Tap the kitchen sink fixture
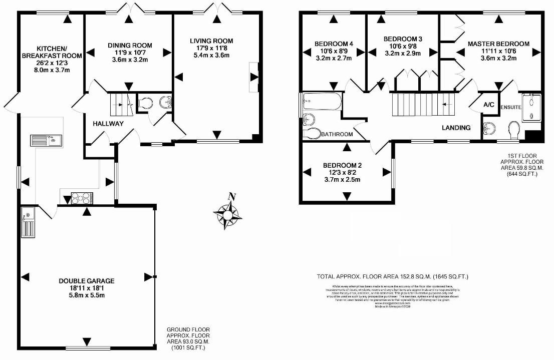point(46,140)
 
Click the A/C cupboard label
point(488,105)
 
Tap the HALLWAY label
point(108,124)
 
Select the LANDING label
point(456,128)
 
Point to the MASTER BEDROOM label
point(498,44)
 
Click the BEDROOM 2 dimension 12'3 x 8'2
point(342,173)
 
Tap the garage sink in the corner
point(27,223)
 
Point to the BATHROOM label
point(337,134)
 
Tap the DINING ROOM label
point(130,46)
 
